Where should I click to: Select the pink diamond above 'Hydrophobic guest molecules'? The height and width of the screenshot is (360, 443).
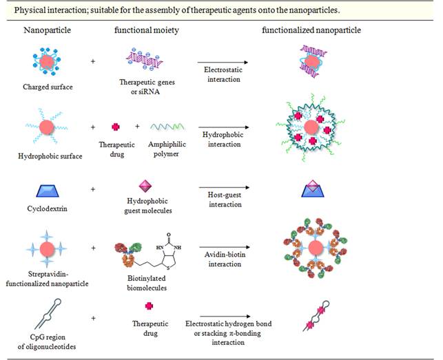(x=145, y=186)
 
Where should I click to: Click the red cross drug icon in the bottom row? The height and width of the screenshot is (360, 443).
(x=145, y=306)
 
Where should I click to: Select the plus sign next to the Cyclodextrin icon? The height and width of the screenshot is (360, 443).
(x=92, y=189)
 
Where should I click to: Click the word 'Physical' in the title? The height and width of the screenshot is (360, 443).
(x=27, y=10)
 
